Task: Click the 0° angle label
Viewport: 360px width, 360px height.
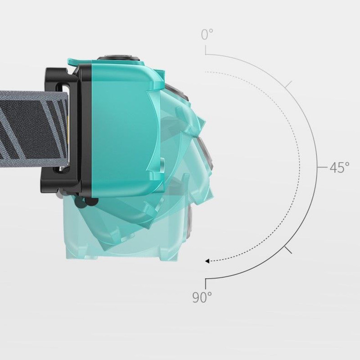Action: coord(207,34)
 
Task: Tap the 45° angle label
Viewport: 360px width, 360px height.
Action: coord(340,167)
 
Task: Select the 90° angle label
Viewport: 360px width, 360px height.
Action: coord(202,297)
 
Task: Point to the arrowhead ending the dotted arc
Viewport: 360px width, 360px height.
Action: coord(207,261)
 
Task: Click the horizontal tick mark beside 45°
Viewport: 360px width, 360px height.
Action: coord(322,167)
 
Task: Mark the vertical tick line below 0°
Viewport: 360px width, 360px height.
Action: coord(206,50)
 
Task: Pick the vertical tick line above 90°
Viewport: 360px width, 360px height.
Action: coord(206,284)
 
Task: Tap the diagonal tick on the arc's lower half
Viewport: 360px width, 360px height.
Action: coord(288,250)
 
